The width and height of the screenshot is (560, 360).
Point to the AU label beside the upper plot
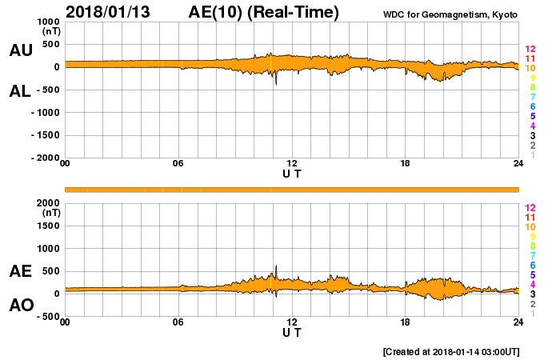pos(21,50)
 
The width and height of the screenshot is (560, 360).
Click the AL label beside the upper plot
pos(21,90)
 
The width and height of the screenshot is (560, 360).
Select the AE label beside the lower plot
pos(21,271)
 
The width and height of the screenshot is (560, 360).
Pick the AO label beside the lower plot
pos(21,306)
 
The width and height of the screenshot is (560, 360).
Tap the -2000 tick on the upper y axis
pos(44,158)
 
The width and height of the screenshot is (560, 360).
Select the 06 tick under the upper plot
pos(178,164)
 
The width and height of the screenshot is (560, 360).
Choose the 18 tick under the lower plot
pos(406,322)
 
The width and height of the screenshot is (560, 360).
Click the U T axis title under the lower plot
pos(292,332)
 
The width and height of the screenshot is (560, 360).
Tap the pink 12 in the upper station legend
pos(530,50)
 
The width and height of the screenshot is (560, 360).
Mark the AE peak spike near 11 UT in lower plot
pos(276,266)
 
